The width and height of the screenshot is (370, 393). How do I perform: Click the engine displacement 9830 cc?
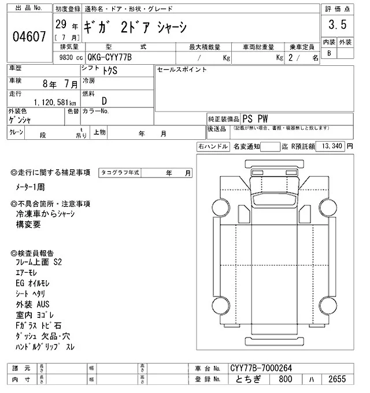point(71,57)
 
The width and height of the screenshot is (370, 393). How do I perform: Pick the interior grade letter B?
point(330,53)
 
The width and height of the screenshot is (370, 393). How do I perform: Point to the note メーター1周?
point(34,188)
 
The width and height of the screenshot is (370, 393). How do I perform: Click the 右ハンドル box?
point(212,147)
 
